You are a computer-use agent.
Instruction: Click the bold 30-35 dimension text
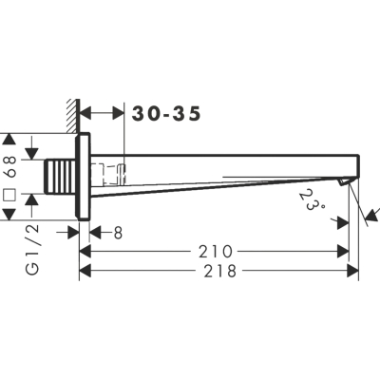point(166,114)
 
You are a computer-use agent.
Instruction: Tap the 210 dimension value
point(216,252)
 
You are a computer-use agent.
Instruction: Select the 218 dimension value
point(220,271)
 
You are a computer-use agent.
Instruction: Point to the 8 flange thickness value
point(118,233)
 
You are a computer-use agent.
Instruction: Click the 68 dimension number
point(10,167)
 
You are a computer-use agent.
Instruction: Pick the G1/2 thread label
point(32,249)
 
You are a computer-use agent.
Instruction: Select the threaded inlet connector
point(60,177)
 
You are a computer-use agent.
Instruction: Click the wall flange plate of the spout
point(83,177)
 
